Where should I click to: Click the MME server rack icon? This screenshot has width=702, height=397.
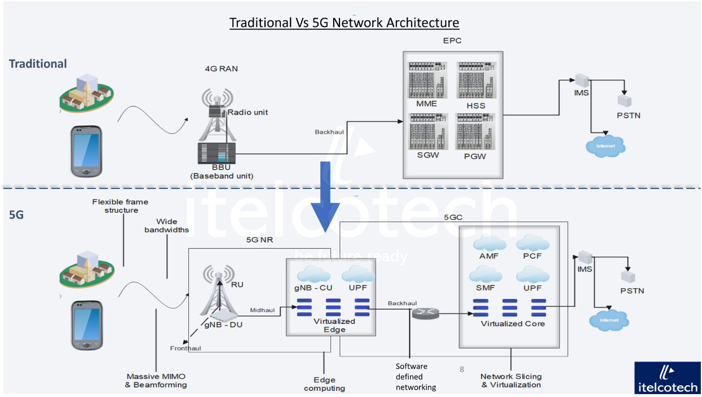tap(427, 80)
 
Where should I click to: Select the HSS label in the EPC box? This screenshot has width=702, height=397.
tap(476, 105)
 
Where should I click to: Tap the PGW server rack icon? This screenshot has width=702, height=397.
tap(475, 131)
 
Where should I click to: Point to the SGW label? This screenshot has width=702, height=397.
tap(428, 155)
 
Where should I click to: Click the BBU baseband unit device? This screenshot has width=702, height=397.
tap(217, 153)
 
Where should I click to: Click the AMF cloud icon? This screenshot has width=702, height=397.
tap(489, 243)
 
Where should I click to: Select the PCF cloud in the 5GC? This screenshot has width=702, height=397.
tap(532, 243)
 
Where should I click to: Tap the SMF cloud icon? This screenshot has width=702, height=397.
tap(485, 274)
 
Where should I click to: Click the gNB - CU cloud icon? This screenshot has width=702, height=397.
tap(314, 274)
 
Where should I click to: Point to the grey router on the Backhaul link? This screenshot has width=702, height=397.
tap(426, 313)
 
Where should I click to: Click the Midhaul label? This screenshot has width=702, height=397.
tap(262, 310)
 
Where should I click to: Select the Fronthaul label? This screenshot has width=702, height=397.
tap(186, 348)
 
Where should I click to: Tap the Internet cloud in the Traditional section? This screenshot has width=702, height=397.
tap(606, 146)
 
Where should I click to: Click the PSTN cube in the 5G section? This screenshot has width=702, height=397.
tap(628, 277)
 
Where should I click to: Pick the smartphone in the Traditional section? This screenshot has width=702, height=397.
tap(86, 151)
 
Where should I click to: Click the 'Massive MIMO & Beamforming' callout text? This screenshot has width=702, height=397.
tap(156, 381)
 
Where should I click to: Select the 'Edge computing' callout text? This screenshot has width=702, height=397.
tap(324, 384)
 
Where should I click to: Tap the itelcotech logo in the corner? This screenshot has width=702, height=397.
tap(668, 378)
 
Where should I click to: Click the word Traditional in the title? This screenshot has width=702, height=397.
tap(261, 23)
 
